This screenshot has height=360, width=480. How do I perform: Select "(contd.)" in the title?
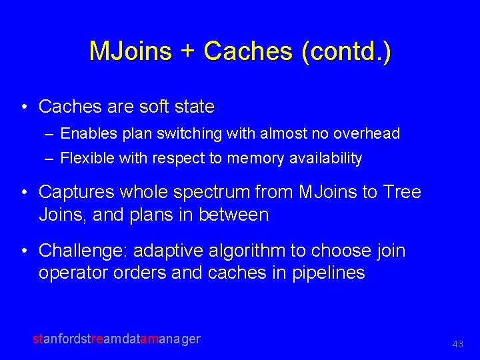click(x=346, y=52)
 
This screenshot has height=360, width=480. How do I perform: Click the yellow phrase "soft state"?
click(x=177, y=107)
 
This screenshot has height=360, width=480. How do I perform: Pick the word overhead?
click(x=369, y=133)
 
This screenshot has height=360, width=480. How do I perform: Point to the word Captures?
click(x=77, y=192)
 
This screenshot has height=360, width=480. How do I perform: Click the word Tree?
click(x=403, y=192)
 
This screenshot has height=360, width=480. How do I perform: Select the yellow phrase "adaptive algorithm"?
click(x=209, y=251)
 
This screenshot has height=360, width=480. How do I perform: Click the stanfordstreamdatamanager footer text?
click(x=117, y=339)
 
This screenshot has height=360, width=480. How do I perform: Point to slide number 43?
click(x=457, y=344)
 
